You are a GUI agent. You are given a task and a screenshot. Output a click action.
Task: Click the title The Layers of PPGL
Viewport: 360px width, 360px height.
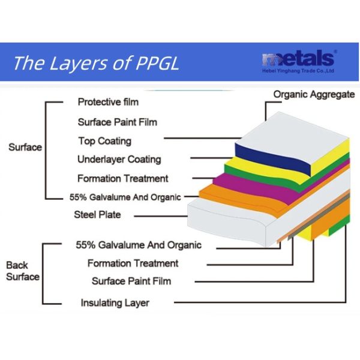pos(96,62)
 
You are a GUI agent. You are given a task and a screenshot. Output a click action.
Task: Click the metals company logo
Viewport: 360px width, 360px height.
pos(298,59)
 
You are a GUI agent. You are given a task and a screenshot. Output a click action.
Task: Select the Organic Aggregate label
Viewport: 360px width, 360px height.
pos(314,94)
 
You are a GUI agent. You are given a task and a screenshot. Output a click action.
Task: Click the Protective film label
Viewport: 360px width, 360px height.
pos(108,102)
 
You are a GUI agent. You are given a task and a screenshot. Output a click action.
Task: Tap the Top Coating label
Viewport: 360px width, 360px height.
pos(104,141)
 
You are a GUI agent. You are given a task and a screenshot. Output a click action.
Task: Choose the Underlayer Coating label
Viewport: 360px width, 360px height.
pos(119,160)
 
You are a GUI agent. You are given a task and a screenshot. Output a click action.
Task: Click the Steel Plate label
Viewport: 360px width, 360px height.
pos(97,214)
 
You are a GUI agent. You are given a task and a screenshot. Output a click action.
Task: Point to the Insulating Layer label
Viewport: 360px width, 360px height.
pos(115,303)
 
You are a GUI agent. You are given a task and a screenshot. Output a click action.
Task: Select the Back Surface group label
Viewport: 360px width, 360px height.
pos(23,271)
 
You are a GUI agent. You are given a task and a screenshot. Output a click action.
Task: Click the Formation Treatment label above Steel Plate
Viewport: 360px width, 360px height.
pos(122,178)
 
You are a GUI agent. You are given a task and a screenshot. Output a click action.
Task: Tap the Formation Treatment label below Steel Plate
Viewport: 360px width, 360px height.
pos(133,263)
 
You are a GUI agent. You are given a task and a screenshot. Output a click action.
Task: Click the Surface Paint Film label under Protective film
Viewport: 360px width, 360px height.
pos(117,122)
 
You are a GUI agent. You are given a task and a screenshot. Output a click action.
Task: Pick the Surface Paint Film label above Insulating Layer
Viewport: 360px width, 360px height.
pos(131,281)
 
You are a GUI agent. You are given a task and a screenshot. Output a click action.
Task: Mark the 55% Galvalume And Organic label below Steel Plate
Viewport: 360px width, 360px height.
pos(139,245)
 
